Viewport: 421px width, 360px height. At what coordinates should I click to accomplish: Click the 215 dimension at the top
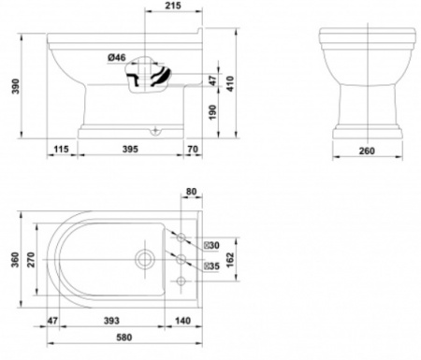tap(173, 6)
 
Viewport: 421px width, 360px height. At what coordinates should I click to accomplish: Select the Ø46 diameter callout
tap(117, 57)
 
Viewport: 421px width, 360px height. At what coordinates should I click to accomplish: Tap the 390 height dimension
tap(16, 86)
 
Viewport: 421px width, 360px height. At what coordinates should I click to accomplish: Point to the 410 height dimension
tap(230, 83)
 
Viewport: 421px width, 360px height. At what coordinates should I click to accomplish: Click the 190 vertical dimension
tap(212, 112)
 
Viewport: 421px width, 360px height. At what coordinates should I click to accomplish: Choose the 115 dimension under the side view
tap(61, 149)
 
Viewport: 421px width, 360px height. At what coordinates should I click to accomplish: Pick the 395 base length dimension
tap(130, 149)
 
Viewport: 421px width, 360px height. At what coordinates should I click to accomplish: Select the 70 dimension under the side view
tap(193, 149)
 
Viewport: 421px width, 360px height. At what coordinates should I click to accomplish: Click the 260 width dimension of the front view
tap(367, 151)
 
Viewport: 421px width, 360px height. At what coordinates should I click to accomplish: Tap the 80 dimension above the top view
tap(191, 191)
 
